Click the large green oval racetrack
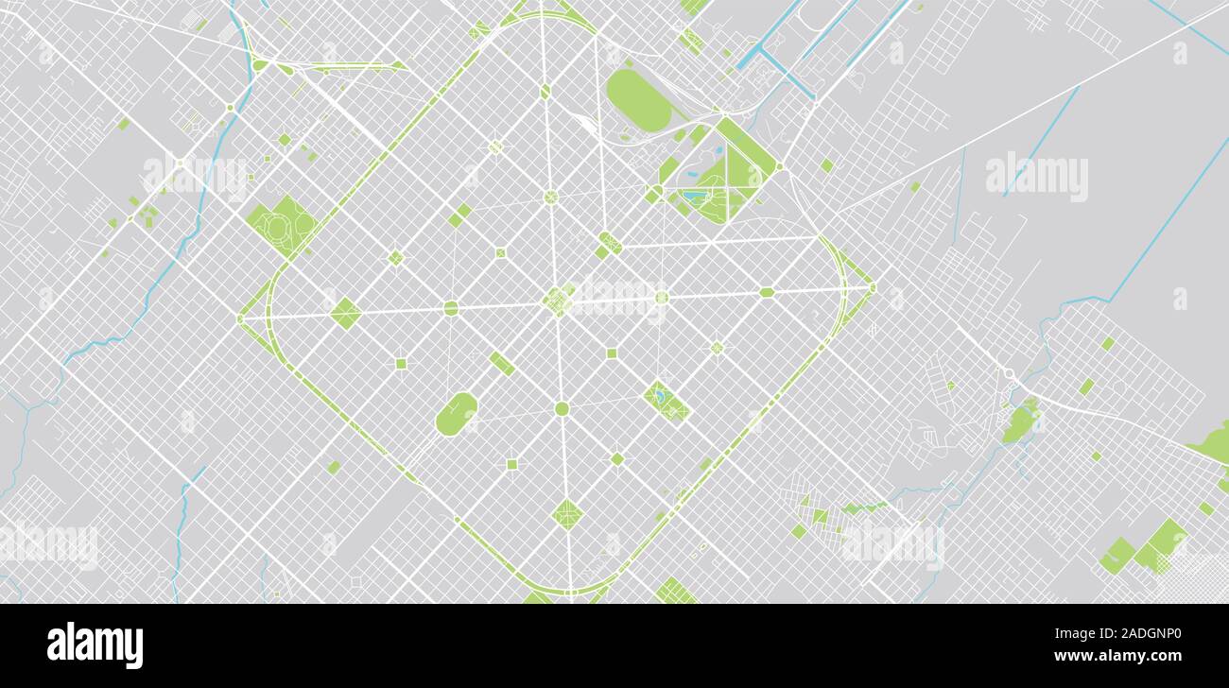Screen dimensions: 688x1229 (638, 99)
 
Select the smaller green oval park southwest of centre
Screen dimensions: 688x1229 (457, 414)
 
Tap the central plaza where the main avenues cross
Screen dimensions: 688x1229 (558, 301)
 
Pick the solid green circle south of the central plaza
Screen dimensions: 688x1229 (562, 408)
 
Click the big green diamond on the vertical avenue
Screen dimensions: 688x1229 (567, 514)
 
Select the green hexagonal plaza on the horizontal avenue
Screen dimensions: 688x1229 (766, 292)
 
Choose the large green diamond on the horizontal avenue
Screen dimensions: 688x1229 (345, 313)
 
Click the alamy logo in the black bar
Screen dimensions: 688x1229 (95, 645)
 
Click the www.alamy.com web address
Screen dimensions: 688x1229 (1116, 656)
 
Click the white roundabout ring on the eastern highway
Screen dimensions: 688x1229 (1009, 373)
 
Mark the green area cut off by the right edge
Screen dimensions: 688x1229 (1212, 441)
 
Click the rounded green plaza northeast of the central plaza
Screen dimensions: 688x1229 (610, 243)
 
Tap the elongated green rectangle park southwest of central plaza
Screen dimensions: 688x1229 (501, 363)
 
